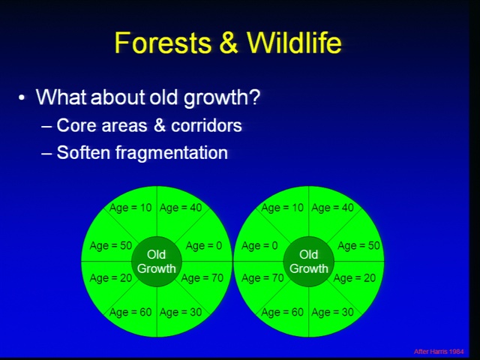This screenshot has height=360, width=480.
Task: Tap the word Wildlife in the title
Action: point(294,42)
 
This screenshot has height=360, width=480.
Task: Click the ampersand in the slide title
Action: point(229,42)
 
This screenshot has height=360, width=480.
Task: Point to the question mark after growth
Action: point(254,97)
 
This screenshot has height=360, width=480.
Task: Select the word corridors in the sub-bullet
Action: point(206,125)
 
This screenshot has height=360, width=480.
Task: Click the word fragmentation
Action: point(172,153)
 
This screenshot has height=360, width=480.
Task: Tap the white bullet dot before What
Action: point(21,98)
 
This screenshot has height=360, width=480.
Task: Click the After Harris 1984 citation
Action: point(439,352)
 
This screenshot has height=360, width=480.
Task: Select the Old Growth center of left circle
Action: point(157,262)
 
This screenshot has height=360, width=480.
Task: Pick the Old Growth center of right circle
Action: point(308,262)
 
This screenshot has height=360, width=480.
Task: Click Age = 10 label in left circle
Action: point(130,208)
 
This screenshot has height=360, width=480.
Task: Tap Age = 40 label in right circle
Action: point(332,208)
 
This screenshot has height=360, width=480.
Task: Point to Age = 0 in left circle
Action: point(204,246)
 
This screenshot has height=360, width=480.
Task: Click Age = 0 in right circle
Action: point(259,246)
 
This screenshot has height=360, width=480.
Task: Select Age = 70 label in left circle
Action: point(202,278)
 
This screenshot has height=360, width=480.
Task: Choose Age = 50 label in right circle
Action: point(358,246)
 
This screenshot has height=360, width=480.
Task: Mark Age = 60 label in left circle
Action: point(130,312)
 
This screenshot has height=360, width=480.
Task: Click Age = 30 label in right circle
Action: point(332,312)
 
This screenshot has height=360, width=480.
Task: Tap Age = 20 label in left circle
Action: point(111,278)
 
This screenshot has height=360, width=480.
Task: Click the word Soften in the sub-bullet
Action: point(83,152)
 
